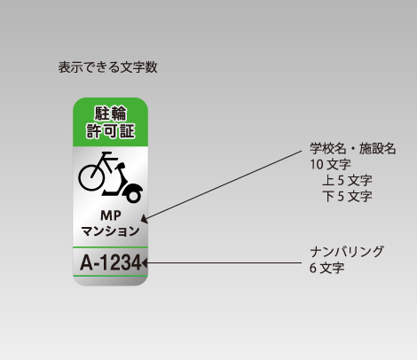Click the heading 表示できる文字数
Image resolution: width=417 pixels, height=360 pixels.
click(x=107, y=67)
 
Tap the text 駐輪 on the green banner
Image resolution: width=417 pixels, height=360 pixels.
click(x=111, y=113)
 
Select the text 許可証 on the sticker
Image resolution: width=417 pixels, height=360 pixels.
click(x=111, y=131)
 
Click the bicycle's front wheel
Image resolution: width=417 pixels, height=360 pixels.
click(x=91, y=177)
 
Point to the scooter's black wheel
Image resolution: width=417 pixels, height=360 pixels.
click(x=133, y=196)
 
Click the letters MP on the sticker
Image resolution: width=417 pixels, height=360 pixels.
click(x=111, y=216)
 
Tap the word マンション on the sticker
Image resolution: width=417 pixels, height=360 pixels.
click(x=110, y=231)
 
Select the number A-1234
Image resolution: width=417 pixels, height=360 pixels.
click(x=111, y=262)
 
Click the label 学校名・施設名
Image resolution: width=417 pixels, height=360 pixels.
click(x=353, y=148)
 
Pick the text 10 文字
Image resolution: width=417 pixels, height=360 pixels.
click(x=330, y=164)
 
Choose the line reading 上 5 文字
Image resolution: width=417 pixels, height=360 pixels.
click(x=347, y=180)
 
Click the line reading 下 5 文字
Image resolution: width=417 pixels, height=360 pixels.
click(x=347, y=196)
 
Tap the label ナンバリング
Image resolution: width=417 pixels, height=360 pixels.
click(x=347, y=252)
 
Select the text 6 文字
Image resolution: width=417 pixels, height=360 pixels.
click(x=327, y=268)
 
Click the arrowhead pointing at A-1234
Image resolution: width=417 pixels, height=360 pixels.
click(x=145, y=262)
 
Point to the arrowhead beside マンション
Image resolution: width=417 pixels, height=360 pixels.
click(x=144, y=219)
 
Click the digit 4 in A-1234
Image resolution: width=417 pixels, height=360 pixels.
click(x=136, y=262)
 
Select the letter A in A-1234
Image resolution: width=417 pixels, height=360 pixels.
click(x=86, y=262)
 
